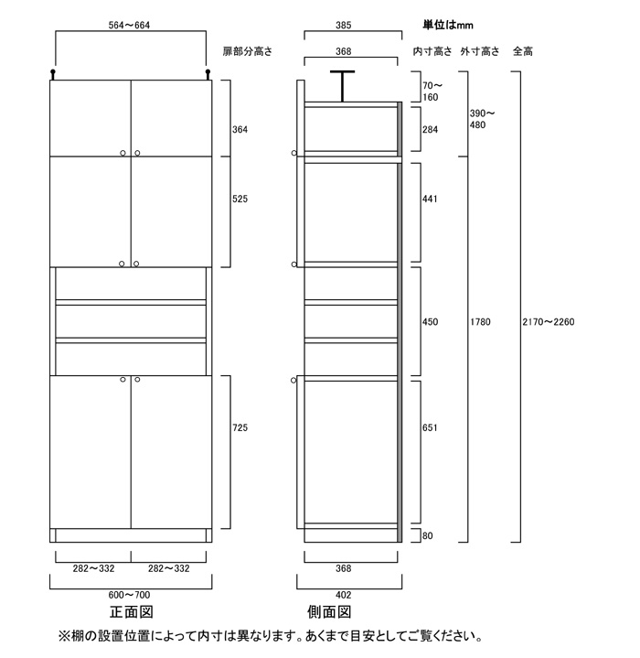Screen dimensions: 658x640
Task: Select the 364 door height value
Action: pos(240,130)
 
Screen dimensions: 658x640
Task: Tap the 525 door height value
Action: pos(240,199)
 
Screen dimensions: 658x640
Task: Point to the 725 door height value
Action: pos(240,427)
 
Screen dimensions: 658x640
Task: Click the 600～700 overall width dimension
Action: pos(130,595)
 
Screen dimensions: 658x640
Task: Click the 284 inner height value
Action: pos(430,130)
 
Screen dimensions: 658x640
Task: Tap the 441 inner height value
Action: pos(430,199)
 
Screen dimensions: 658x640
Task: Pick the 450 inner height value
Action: pos(430,322)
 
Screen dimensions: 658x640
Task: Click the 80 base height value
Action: pos(428,536)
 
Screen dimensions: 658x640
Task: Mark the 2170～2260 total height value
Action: pos(547,322)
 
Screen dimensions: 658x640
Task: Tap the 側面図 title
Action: pos(331,612)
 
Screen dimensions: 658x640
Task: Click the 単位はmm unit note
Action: pos(449,25)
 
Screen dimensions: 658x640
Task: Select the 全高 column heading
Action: pos(523,51)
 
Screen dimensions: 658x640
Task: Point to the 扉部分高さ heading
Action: pos(247,51)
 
